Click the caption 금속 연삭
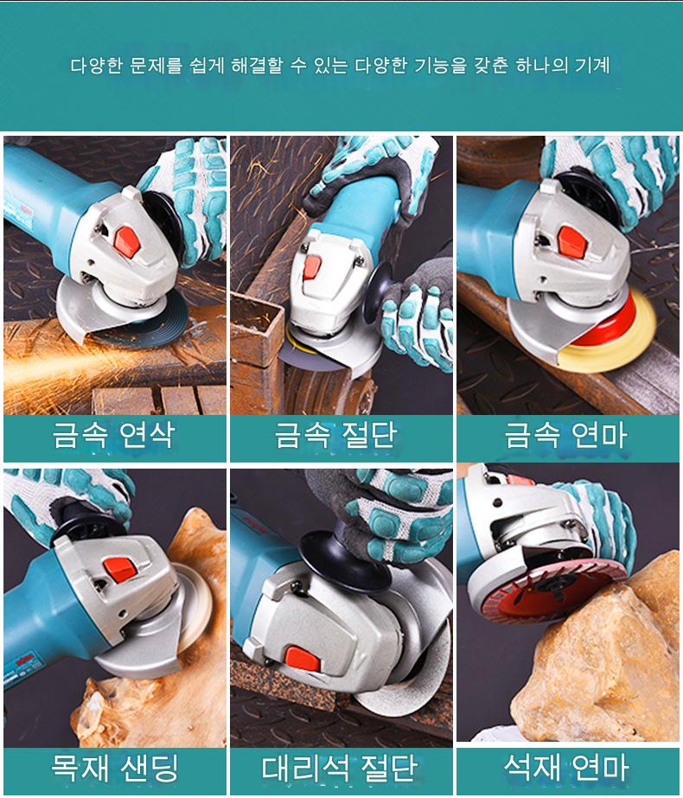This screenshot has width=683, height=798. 114,435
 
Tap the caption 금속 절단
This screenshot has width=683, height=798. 336,435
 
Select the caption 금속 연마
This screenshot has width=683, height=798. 565,435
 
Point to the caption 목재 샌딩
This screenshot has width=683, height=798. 115,768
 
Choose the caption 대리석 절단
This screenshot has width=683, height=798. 340,768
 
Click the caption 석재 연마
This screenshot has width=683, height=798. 566,767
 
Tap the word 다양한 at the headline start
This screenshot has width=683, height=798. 96,66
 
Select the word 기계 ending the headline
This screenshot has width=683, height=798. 592,66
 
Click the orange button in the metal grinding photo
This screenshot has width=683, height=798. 127,241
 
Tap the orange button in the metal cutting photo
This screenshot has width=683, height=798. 312,268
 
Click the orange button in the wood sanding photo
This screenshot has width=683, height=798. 120,570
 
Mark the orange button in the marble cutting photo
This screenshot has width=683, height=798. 303,659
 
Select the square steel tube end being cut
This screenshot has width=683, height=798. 257,331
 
